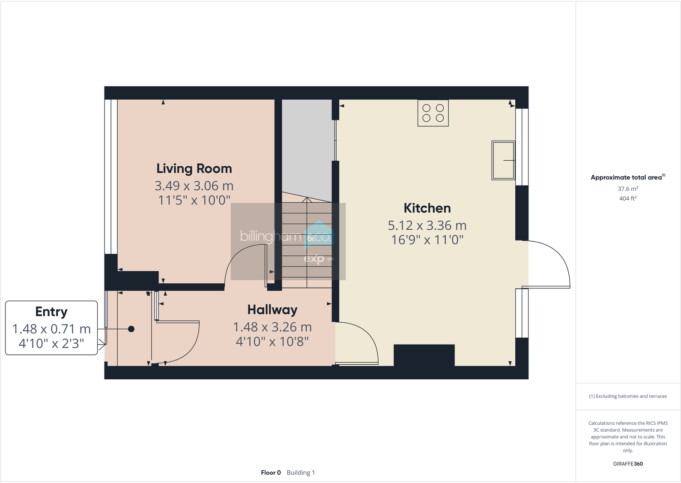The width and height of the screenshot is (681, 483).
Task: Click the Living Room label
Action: [x=194, y=168]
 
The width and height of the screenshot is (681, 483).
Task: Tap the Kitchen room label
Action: [x=427, y=208]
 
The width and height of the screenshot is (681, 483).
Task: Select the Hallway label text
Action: [x=272, y=310]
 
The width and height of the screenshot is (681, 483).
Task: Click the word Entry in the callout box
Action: [x=51, y=312]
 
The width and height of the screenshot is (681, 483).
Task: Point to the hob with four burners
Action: [x=433, y=113]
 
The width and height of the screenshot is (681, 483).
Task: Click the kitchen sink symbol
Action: [x=503, y=160]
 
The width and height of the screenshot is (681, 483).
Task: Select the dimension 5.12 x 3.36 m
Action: [x=427, y=225]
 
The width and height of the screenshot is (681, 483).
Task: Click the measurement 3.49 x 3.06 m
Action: [x=194, y=186]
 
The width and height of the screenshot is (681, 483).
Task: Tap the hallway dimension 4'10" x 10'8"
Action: [x=272, y=342]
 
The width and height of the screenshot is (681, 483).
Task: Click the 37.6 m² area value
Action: [x=628, y=189]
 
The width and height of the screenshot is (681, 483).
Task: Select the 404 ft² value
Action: [x=628, y=198]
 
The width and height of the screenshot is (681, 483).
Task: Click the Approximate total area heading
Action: [x=626, y=177]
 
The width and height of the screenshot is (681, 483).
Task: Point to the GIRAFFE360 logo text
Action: [x=628, y=464]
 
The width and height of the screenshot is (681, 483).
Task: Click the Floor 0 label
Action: [x=271, y=473]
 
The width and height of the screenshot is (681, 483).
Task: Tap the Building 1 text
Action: [x=301, y=473]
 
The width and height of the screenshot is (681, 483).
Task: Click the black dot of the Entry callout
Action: [x=131, y=329]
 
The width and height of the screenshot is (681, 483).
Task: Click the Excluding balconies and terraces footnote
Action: [x=628, y=396]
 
